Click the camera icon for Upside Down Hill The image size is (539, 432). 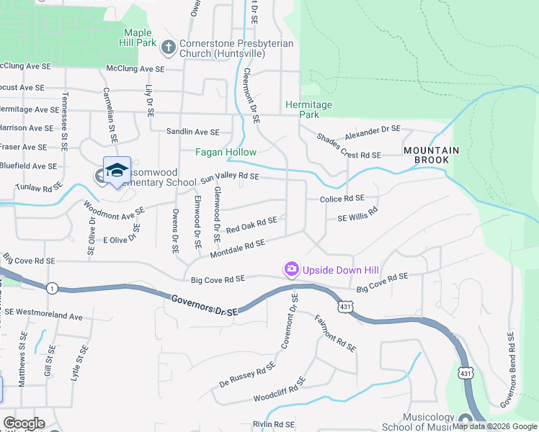(291, 269)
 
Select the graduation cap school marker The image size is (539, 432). (116, 171)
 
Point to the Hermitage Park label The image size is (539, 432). (308, 109)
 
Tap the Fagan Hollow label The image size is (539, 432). (226, 152)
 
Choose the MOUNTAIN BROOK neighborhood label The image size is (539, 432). (431, 156)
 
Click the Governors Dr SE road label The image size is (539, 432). (205, 304)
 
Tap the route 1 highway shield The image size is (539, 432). (51, 288)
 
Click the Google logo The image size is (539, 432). (24, 423)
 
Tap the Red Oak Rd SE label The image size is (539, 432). (251, 225)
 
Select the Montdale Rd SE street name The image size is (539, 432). (237, 249)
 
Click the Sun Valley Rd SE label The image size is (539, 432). (230, 176)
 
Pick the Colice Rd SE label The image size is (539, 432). (342, 198)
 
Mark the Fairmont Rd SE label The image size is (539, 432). (336, 333)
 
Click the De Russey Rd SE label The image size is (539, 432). (247, 375)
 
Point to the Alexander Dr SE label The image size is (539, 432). (371, 131)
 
